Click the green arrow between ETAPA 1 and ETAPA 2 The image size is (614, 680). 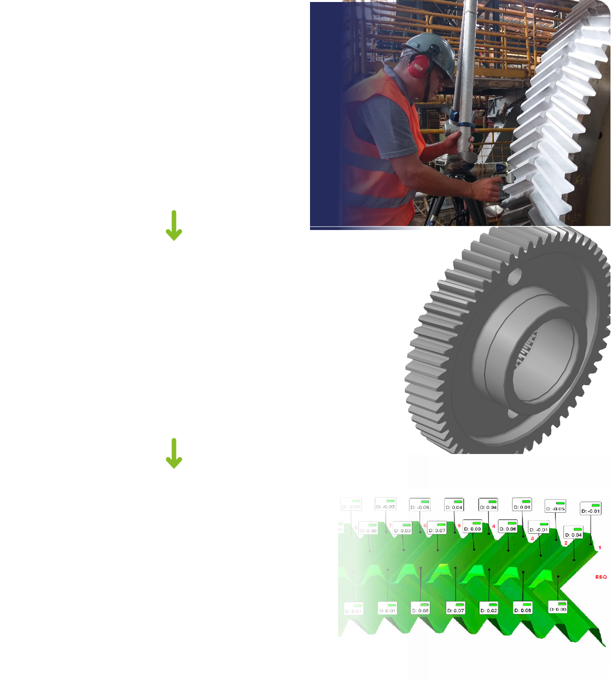tap(174, 225)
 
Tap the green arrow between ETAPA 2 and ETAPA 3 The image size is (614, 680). tap(174, 454)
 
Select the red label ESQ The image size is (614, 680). tap(601, 577)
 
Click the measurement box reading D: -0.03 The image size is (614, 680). tap(386, 504)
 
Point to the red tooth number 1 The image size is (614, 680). tap(599, 547)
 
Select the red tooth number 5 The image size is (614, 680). tap(459, 526)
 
